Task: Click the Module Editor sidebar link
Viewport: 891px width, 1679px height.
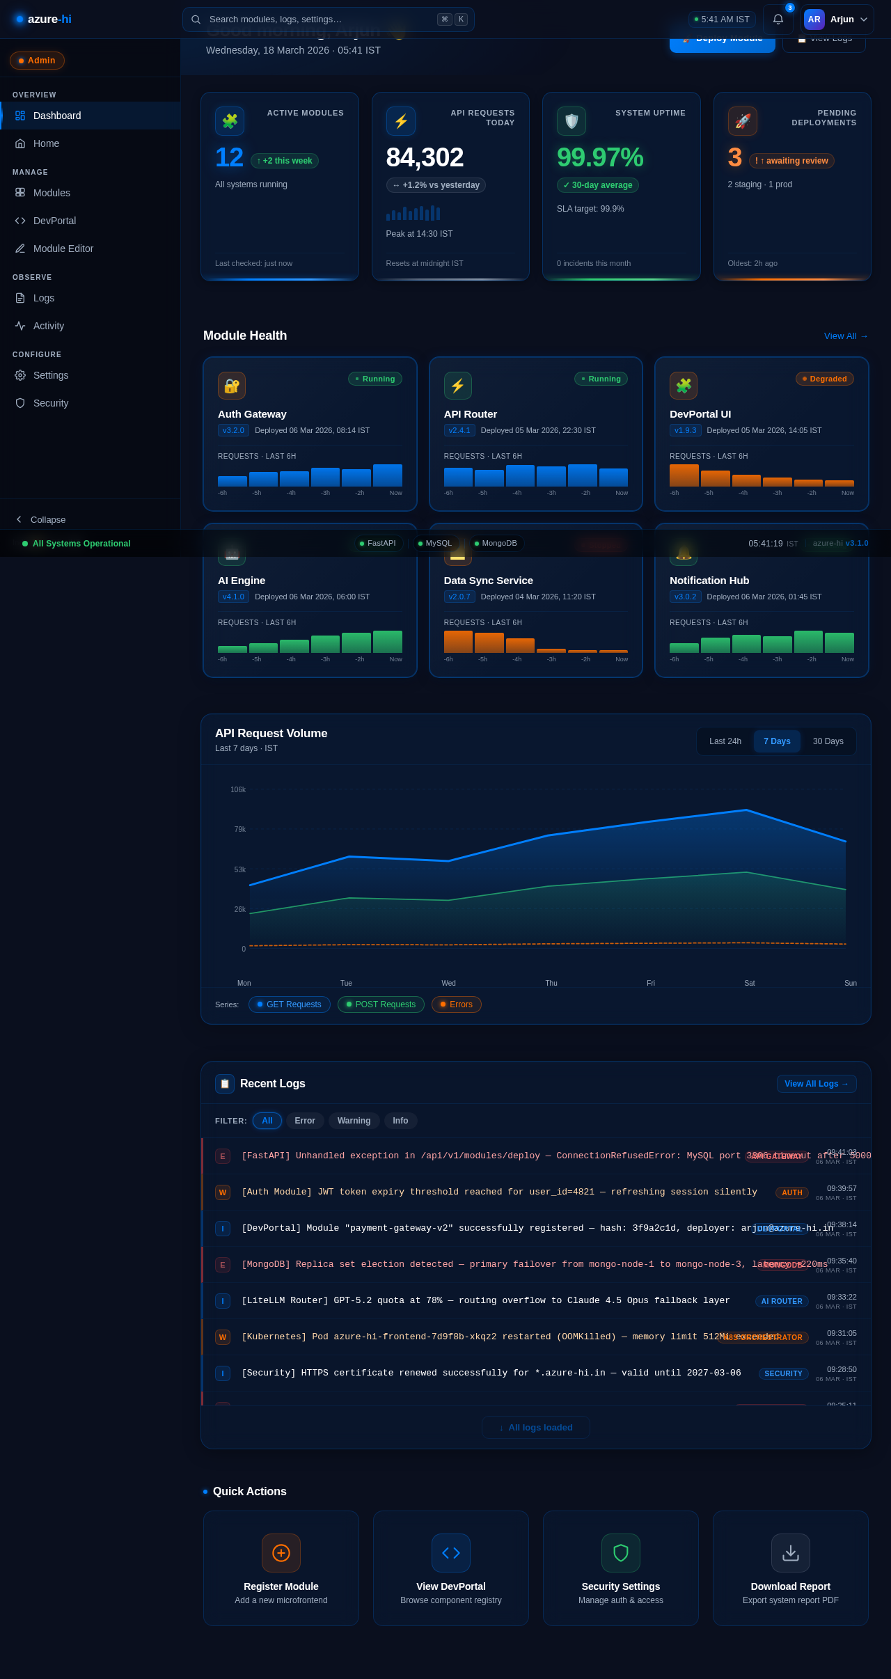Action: click(63, 249)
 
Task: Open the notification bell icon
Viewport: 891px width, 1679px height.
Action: click(778, 19)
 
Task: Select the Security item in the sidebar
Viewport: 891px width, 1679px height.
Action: click(50, 403)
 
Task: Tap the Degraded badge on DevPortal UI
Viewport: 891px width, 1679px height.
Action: click(824, 379)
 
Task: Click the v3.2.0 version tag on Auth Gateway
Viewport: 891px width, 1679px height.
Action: click(233, 430)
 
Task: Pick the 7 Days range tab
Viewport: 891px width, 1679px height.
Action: click(777, 741)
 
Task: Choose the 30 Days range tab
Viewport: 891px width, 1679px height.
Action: click(828, 741)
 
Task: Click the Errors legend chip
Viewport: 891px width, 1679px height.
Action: click(456, 1004)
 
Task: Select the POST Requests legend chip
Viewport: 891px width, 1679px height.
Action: click(381, 1004)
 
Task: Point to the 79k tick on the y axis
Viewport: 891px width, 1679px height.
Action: click(239, 830)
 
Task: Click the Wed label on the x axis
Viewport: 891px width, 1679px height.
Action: click(448, 983)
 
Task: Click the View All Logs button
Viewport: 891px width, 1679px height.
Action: click(816, 1084)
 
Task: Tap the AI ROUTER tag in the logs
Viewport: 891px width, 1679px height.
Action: click(781, 1301)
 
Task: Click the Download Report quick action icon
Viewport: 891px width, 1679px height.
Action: click(790, 1553)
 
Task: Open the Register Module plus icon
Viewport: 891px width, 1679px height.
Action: click(281, 1553)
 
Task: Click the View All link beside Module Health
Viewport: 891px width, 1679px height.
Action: click(845, 336)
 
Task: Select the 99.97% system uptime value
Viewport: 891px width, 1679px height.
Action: click(599, 157)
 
